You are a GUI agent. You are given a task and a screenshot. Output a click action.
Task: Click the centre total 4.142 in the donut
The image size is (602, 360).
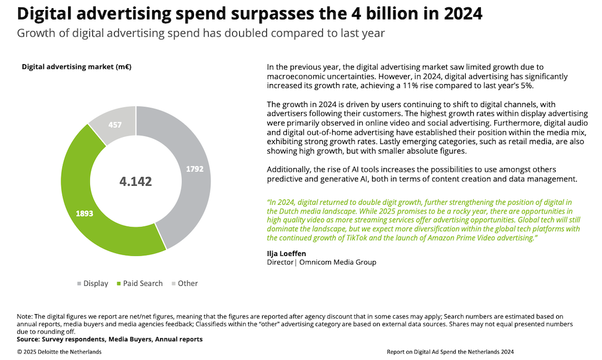[x=136, y=181]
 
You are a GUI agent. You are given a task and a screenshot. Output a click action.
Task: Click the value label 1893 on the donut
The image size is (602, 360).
[x=84, y=213]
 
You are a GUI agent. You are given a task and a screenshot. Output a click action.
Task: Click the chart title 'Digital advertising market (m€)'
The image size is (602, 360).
[x=76, y=66]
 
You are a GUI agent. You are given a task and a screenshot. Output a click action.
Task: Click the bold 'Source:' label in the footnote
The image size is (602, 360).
[x=32, y=339]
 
